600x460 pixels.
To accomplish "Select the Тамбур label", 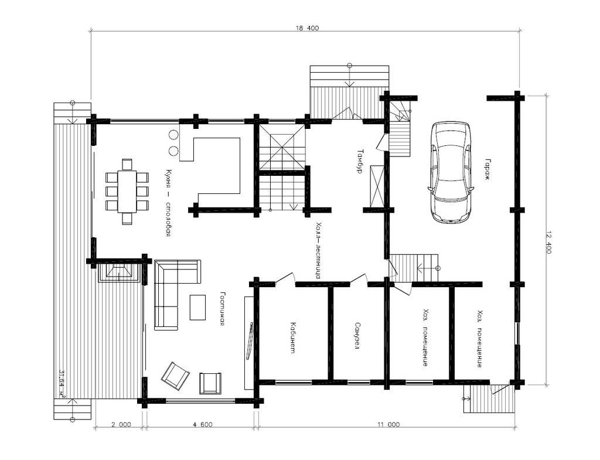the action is pos(359,162).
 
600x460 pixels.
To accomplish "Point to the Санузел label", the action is pos(357,336).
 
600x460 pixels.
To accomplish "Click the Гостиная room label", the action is pos(222,309).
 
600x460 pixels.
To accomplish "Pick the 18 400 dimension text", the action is pos(307,28).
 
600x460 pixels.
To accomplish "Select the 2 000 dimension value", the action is pos(121,424).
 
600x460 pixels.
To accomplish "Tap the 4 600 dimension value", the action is pos(202,424).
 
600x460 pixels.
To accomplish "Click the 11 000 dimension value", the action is pos(388,424).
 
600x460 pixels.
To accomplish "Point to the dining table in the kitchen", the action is pos(127,191).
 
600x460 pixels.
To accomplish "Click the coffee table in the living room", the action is pos(197,307).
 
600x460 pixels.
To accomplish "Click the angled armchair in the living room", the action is pos(176,376).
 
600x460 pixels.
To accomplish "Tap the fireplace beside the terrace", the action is pos(118,272).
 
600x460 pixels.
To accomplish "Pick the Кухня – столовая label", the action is pos(168,203).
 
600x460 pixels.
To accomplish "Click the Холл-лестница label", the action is pos(318,250).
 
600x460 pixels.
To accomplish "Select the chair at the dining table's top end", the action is pos(127,165).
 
